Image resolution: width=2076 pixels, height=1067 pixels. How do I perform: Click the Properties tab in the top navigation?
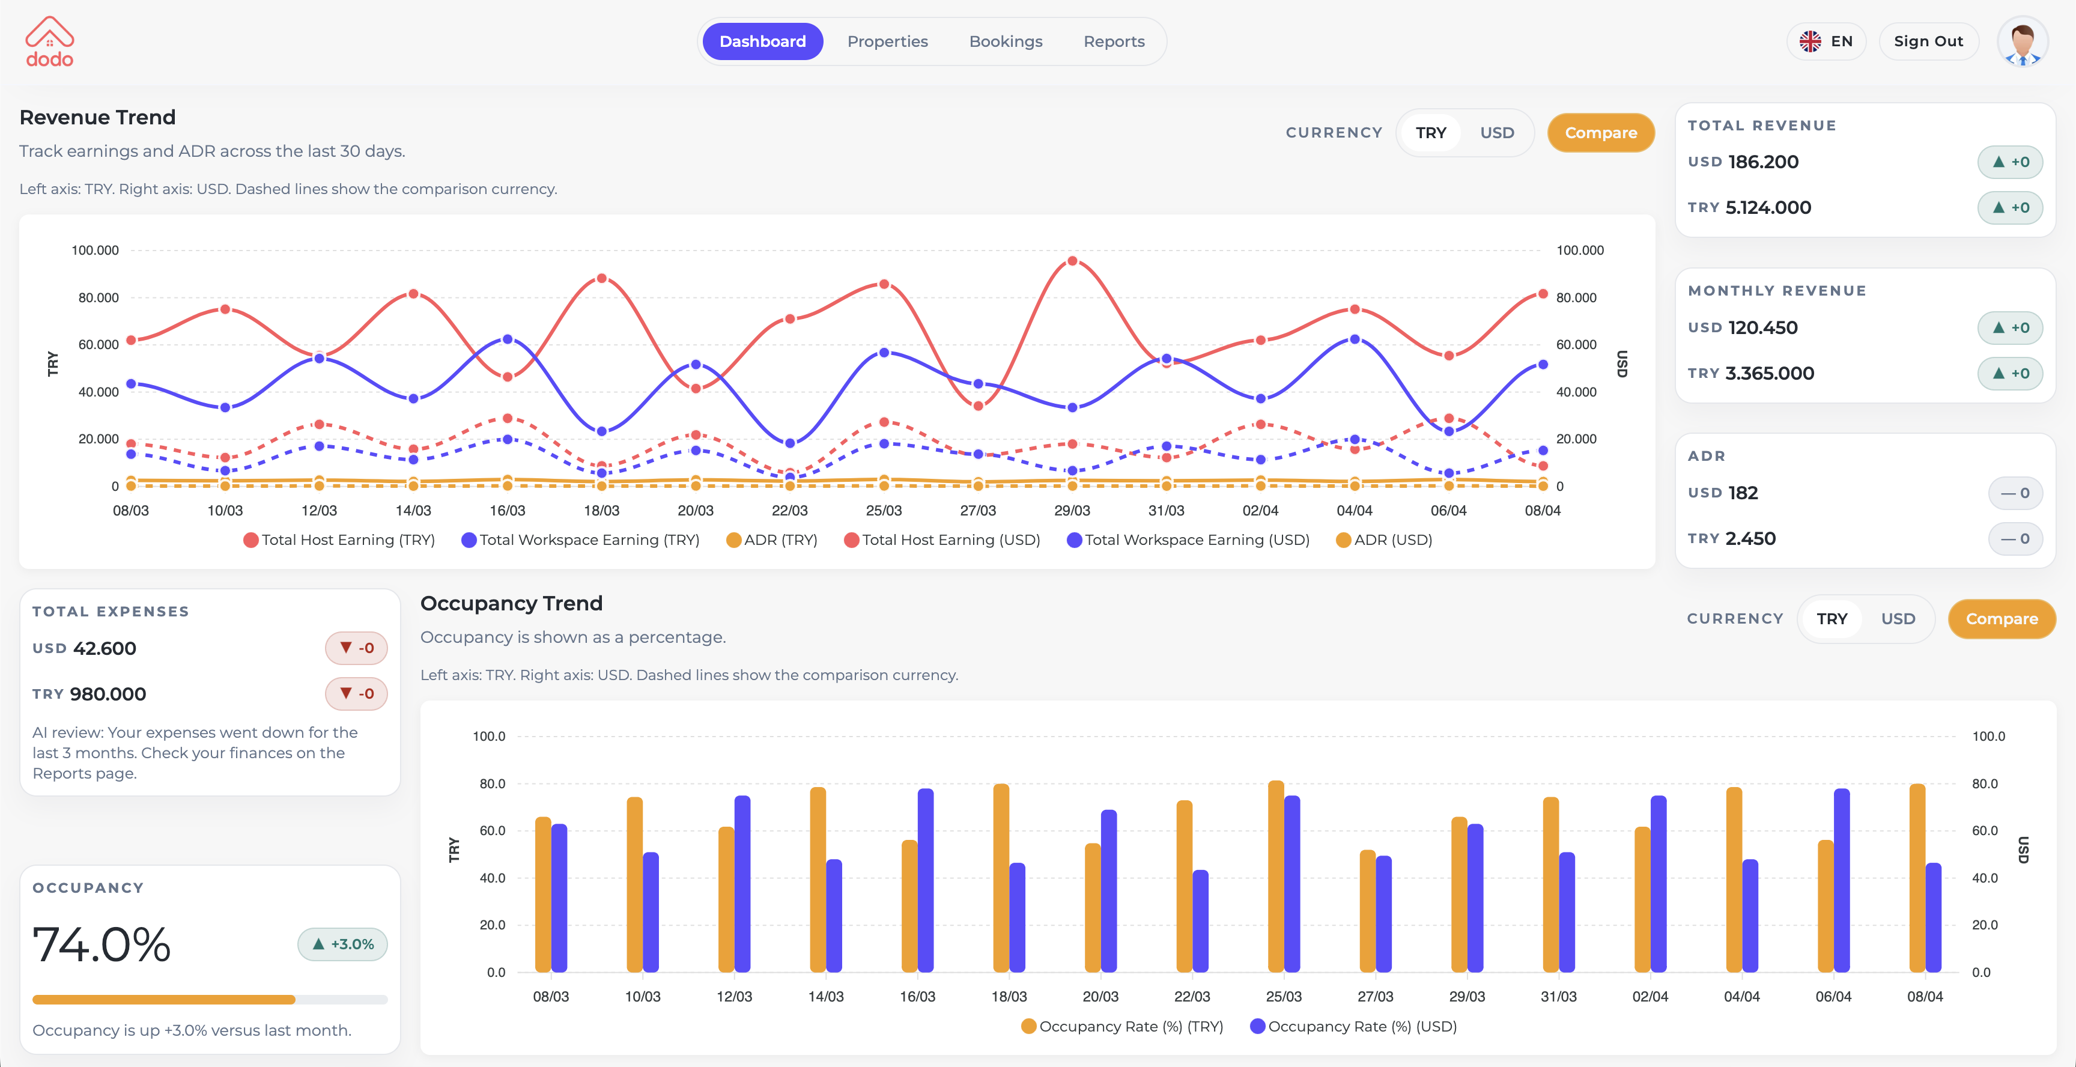pos(887,41)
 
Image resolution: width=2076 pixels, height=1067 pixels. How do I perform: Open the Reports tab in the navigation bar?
pos(1114,41)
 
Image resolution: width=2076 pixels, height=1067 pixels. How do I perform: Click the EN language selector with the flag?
pos(1826,41)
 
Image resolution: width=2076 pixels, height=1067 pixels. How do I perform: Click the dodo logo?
pos(49,42)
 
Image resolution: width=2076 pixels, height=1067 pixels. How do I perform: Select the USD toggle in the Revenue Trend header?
pos(1496,133)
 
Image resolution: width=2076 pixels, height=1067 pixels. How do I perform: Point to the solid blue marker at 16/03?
pos(507,339)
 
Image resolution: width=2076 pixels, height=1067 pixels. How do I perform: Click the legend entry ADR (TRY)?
pos(772,540)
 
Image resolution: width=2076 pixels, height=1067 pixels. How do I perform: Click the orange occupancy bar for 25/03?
pos(1276,877)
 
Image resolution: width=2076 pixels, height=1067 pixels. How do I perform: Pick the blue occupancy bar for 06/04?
pos(1842,880)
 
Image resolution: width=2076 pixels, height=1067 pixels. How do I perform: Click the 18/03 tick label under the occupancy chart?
pos(1009,997)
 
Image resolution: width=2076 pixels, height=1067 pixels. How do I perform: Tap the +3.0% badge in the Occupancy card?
pos(342,944)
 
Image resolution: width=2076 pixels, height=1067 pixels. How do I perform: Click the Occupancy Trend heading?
pos(511,604)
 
